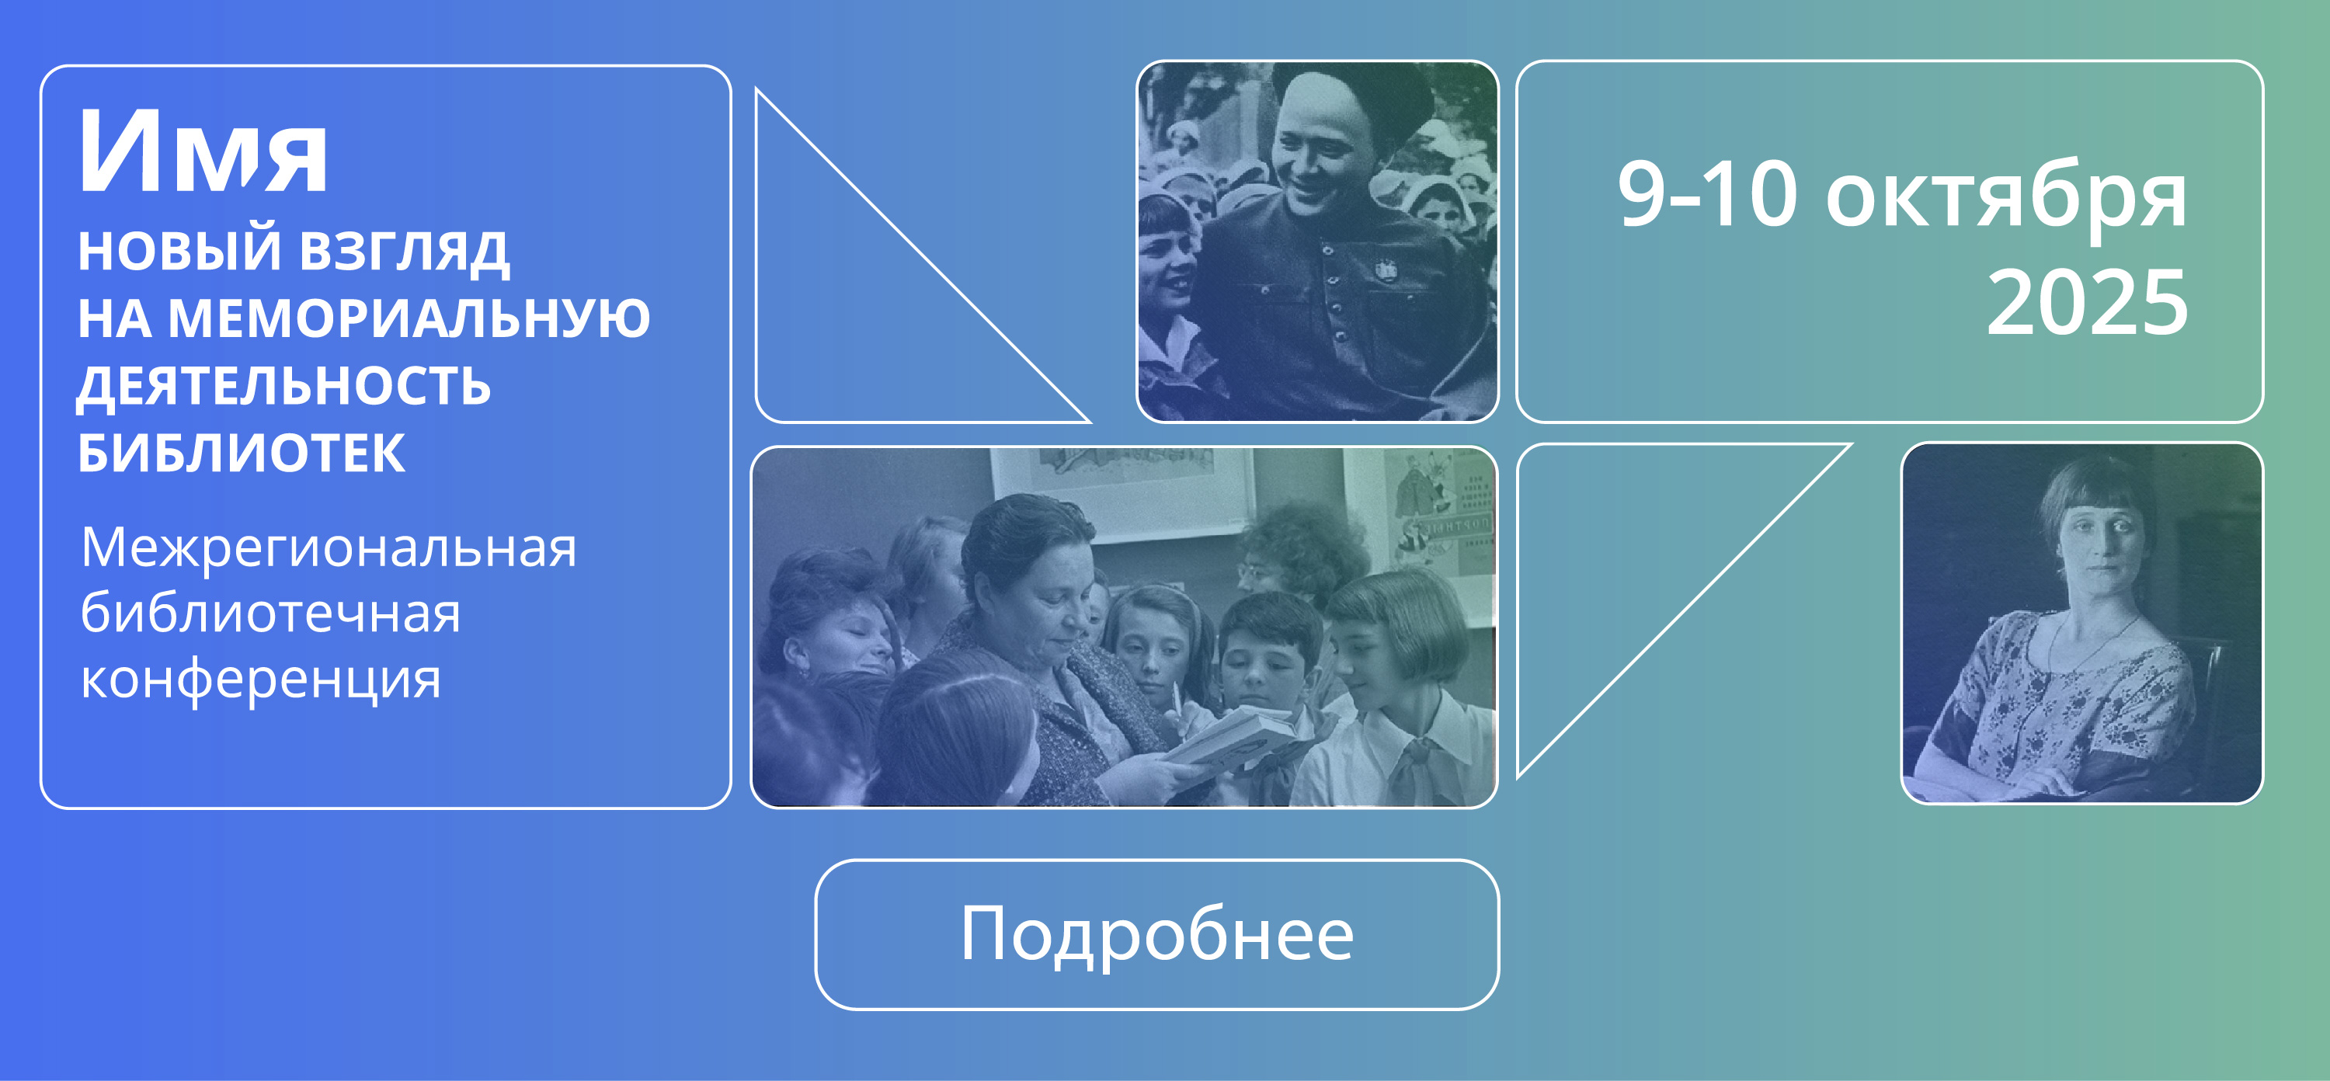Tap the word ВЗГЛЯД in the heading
tap(403, 251)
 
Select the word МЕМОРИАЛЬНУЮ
tap(409, 318)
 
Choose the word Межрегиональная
tap(329, 547)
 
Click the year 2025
tap(2088, 302)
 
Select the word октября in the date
tap(2006, 197)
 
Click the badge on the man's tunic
tap(1385, 269)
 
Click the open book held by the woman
tap(1230, 737)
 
